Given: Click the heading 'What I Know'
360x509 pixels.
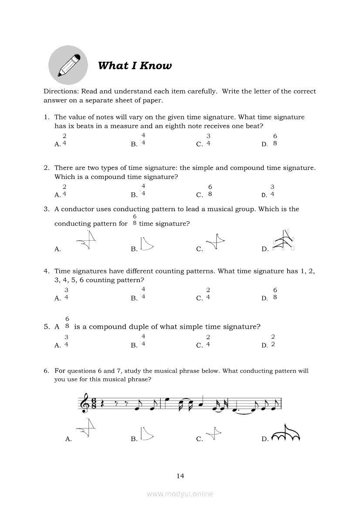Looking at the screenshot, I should (x=135, y=66).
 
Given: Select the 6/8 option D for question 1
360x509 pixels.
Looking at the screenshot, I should (x=275, y=140).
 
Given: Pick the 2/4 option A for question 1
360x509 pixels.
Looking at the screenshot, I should (x=65, y=140).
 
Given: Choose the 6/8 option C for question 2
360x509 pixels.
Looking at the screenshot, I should (x=210, y=191).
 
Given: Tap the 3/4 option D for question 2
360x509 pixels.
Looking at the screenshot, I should (x=272, y=191).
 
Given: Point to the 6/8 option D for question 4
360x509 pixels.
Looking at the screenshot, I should (x=275, y=294).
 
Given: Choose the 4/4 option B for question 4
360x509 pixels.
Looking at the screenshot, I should (x=143, y=294).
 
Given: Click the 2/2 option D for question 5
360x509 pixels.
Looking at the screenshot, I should (x=273, y=341).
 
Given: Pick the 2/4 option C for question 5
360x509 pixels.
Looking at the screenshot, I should (x=208, y=341).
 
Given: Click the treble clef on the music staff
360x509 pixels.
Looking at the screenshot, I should (x=82, y=404).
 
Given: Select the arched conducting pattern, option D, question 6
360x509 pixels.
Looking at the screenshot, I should (x=286, y=434).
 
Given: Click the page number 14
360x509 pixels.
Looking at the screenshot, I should (x=180, y=475).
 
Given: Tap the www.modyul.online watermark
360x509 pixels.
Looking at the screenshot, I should (x=180, y=494).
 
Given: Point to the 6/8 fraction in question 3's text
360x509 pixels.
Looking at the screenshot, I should (x=135, y=220).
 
